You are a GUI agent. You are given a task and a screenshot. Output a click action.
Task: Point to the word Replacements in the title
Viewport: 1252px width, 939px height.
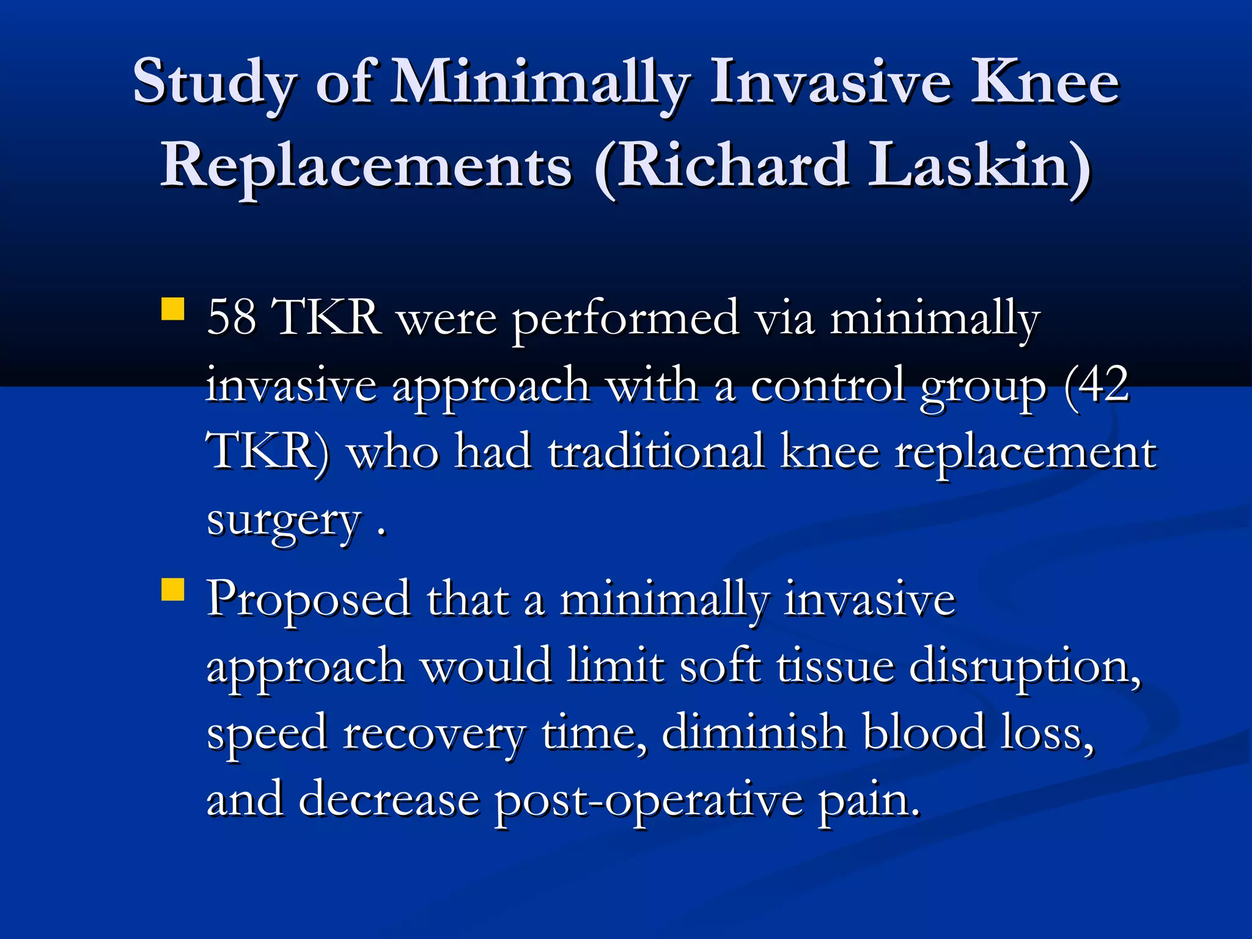tap(366, 166)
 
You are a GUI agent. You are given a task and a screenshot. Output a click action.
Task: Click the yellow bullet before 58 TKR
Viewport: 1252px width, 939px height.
tap(173, 309)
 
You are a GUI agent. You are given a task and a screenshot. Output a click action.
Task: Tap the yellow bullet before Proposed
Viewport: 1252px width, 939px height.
tap(173, 591)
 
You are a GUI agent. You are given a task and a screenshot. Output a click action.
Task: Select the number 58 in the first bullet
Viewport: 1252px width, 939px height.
tap(231, 318)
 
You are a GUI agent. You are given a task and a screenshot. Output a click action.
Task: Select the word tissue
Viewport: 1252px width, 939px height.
tap(835, 666)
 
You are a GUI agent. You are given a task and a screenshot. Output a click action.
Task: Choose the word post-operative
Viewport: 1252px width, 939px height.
tap(649, 801)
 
